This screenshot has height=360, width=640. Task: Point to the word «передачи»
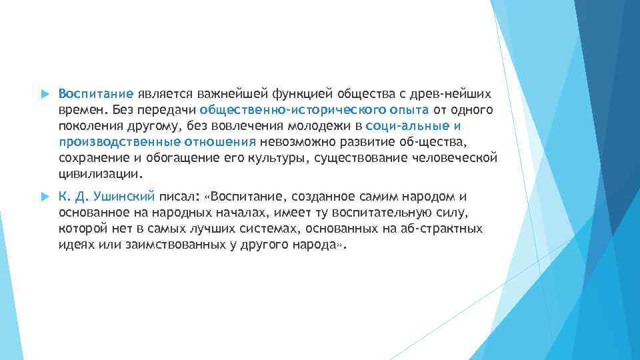tap(170, 109)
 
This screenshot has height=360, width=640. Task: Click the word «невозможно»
tap(292, 141)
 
